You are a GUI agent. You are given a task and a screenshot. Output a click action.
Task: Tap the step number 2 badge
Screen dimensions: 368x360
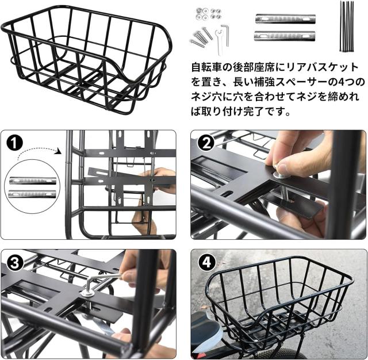click(x=206, y=143)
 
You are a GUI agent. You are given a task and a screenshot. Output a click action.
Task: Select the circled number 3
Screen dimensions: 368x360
click(x=14, y=263)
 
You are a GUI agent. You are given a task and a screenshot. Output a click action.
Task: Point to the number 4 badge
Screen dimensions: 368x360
click(x=206, y=263)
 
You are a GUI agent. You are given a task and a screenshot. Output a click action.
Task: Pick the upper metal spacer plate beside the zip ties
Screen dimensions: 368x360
click(x=285, y=18)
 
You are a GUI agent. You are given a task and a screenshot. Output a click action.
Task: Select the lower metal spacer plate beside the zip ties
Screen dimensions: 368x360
click(x=285, y=36)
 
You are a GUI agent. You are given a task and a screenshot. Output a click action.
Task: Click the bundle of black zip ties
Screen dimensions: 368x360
click(x=346, y=26)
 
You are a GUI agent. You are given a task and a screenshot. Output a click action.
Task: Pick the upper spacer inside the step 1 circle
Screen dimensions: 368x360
click(x=33, y=181)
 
